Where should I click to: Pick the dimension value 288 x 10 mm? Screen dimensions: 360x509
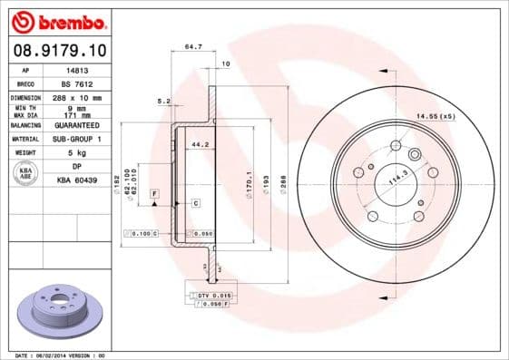(x=78, y=97)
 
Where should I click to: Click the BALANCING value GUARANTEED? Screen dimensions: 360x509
(x=78, y=125)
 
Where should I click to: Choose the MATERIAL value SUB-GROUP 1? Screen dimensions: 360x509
(x=78, y=139)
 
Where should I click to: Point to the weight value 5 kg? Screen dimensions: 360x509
(x=78, y=153)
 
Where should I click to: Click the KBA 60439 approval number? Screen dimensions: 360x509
(x=78, y=181)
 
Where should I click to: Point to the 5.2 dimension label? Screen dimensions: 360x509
(x=163, y=101)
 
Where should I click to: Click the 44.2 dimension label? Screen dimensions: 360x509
(x=200, y=144)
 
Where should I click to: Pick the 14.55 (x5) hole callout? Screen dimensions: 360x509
(x=435, y=116)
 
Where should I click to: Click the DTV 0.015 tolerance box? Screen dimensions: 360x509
(x=214, y=296)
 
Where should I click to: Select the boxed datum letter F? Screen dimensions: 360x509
(x=155, y=194)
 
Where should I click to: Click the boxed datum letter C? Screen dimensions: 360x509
(x=195, y=203)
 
